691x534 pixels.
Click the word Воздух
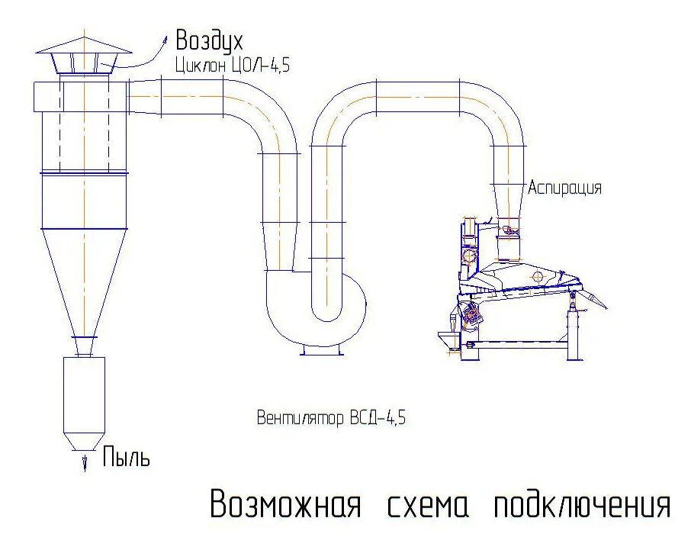(x=209, y=40)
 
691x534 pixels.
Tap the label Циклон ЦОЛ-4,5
(x=232, y=66)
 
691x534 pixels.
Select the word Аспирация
(x=565, y=188)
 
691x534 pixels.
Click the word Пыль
(x=126, y=458)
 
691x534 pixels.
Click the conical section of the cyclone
(x=84, y=282)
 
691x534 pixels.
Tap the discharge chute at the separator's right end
(x=593, y=299)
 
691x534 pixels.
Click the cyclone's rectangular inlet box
(x=46, y=95)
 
